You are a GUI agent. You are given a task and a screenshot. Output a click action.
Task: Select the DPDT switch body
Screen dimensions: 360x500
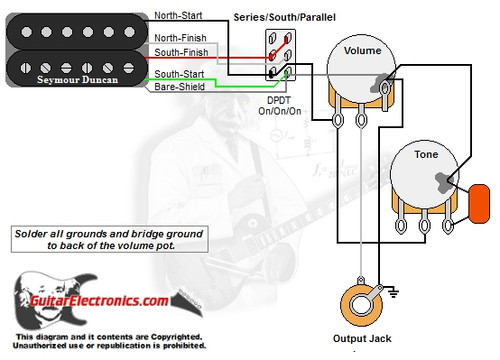click(280, 56)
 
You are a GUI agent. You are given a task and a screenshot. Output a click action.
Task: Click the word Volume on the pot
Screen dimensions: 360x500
click(361, 50)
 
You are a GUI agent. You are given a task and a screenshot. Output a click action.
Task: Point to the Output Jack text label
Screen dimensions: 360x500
click(361, 337)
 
